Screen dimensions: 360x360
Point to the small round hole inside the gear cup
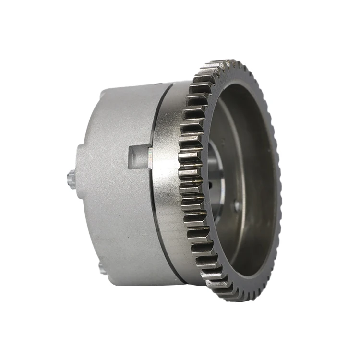point(237,206)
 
